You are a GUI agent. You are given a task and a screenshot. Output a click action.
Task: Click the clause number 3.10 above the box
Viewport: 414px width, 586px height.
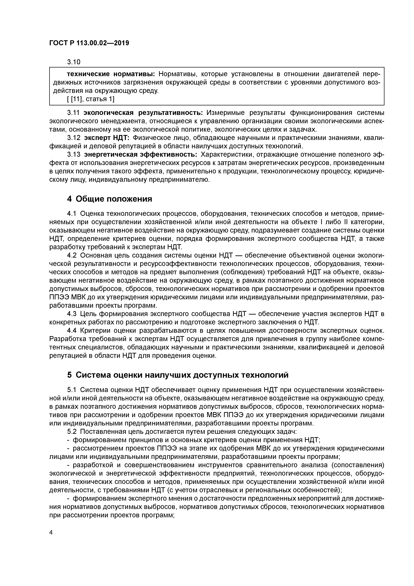(74, 62)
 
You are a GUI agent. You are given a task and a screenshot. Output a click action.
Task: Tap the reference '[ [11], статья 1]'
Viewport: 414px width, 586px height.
(90, 99)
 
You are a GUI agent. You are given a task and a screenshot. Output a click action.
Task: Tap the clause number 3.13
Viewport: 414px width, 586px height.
(74, 155)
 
